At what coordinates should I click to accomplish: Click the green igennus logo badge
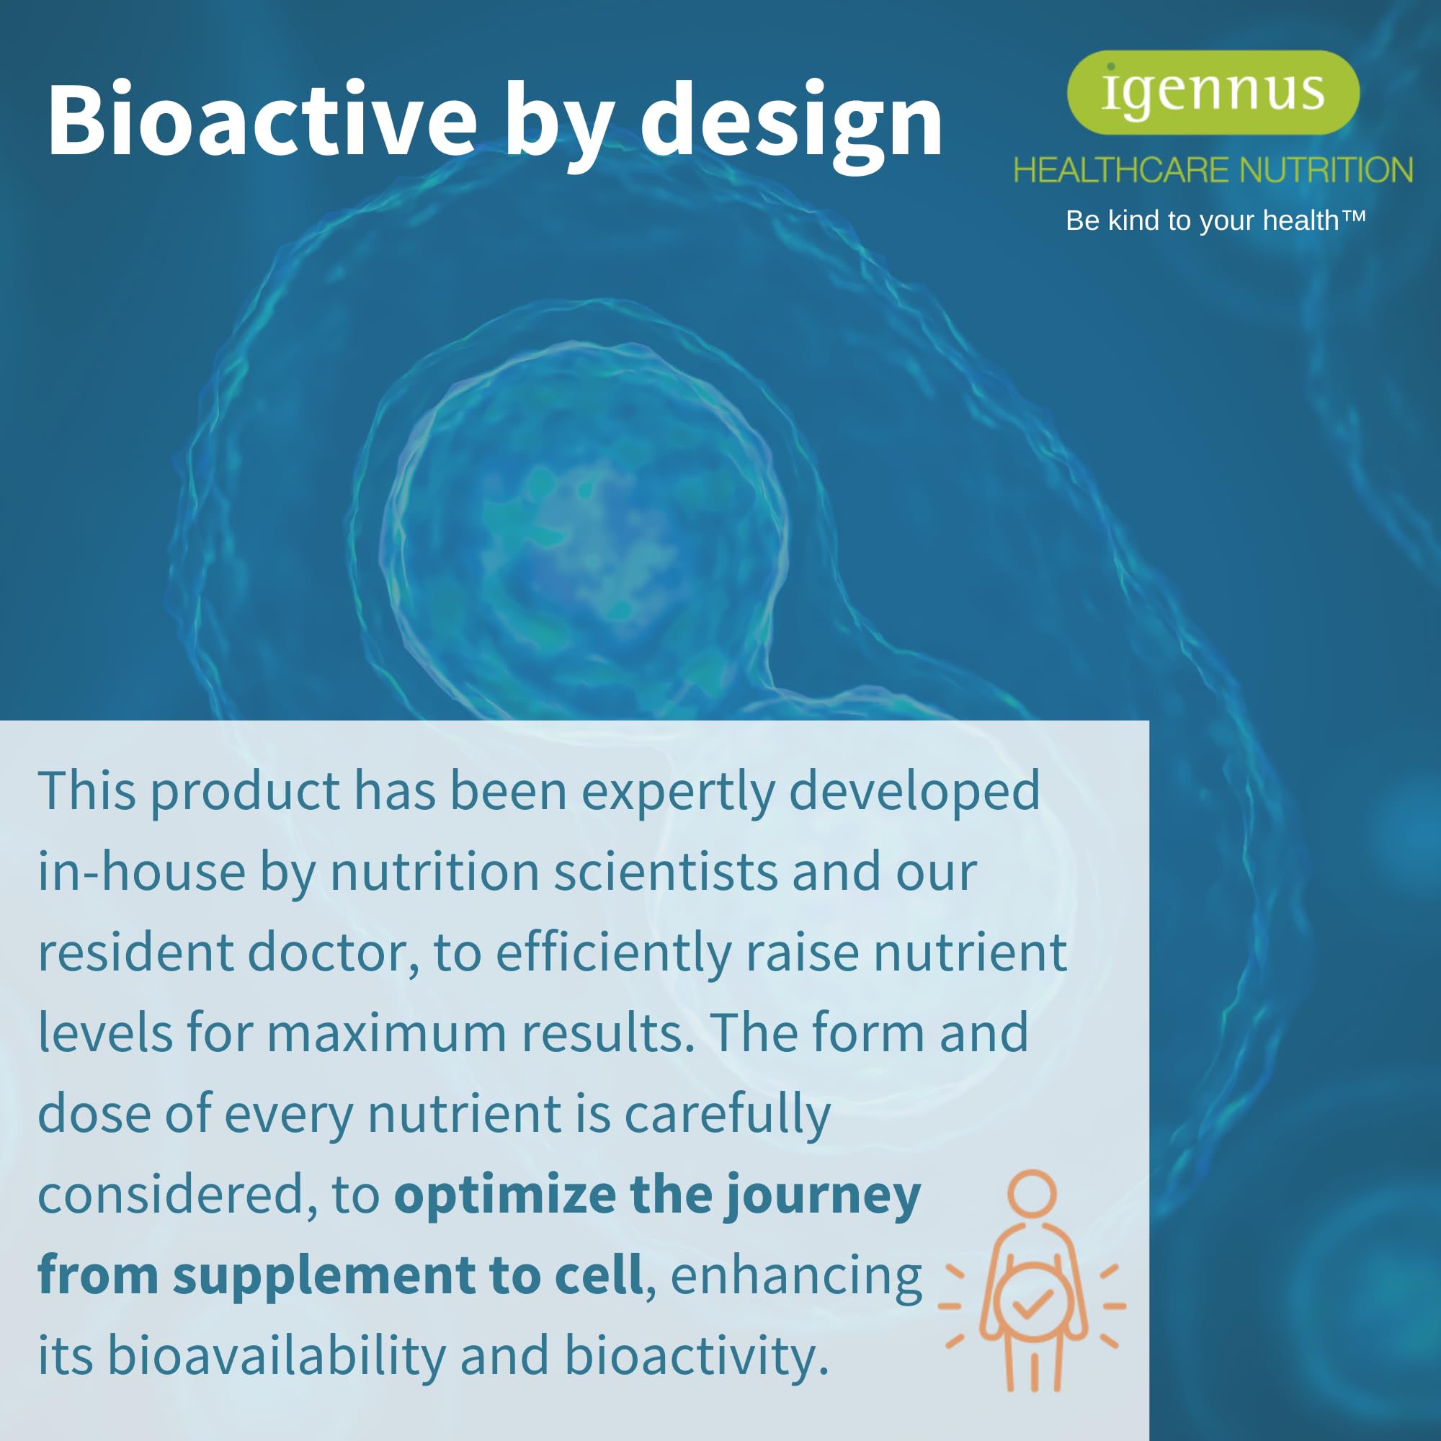1213,92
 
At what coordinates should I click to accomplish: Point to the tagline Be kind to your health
1202,220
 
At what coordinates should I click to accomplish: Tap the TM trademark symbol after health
1354,217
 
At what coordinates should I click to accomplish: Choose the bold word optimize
505,1195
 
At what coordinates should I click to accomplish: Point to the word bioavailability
276,1355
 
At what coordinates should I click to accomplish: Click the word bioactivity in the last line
695,1355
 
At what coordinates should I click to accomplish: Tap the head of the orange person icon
1032,1192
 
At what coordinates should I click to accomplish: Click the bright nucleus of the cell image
581,522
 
